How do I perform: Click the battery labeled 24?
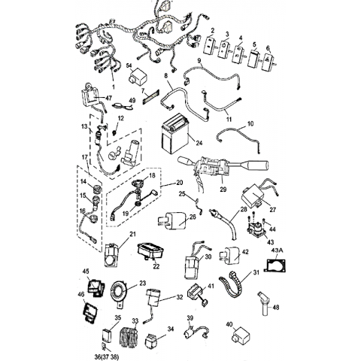tap(175, 133)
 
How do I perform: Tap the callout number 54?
tap(129, 65)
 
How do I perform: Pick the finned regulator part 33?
tap(130, 336)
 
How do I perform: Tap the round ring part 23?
tap(118, 293)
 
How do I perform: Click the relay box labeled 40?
tap(240, 336)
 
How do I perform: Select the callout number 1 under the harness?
tap(113, 87)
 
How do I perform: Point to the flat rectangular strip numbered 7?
tap(150, 96)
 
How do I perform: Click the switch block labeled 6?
tap(268, 62)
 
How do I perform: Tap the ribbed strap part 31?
tap(232, 284)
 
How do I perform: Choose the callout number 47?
tap(108, 98)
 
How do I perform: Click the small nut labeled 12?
tap(114, 132)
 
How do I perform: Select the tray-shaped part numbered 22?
tap(150, 250)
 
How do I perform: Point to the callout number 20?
tap(180, 183)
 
